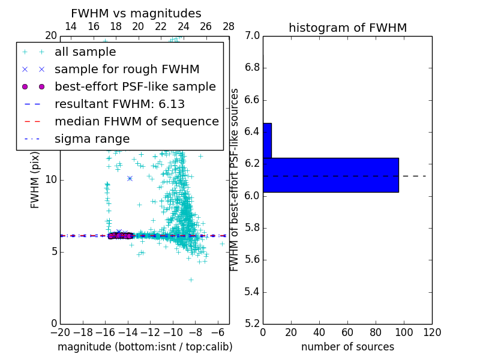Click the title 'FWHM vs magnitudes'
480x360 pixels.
point(136,13)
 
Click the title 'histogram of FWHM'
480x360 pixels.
point(347,28)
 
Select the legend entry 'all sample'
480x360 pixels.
point(85,52)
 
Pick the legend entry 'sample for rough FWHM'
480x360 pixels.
point(127,70)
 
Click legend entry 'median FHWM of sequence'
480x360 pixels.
point(136,122)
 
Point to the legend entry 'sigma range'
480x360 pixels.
point(92,139)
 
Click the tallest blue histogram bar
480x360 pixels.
point(331,175)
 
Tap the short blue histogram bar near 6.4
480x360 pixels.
point(267,140)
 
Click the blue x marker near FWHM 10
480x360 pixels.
point(130,178)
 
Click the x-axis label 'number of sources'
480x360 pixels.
point(347,347)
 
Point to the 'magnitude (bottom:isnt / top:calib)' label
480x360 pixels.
point(145,347)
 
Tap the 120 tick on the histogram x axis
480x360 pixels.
point(432,331)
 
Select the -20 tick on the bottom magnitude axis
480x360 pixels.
point(60,331)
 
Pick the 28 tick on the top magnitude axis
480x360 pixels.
point(229,26)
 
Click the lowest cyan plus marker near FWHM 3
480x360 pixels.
point(191,280)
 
